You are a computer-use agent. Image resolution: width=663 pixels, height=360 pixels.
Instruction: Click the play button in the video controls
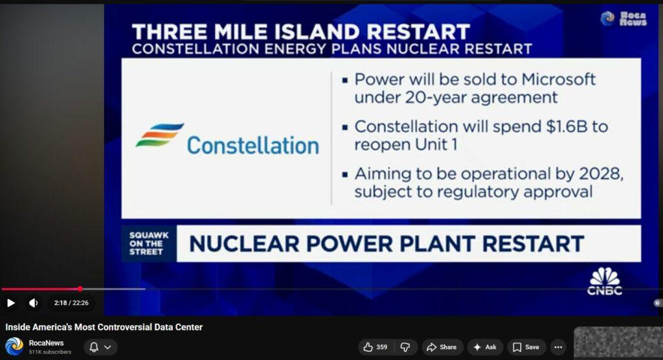11,303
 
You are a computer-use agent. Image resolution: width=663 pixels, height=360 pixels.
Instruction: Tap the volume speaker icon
33,303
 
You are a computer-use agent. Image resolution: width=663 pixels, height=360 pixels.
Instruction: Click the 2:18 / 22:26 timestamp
71,303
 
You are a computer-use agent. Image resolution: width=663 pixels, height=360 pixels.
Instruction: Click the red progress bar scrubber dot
80,289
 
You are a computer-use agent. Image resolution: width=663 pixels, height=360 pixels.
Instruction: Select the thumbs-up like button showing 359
376,347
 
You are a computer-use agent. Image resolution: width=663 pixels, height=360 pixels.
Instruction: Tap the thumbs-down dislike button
405,347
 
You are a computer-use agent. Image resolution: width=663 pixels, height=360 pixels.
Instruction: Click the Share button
442,347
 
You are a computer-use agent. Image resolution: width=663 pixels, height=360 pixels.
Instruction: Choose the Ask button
485,347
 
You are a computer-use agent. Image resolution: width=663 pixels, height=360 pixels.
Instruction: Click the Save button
526,347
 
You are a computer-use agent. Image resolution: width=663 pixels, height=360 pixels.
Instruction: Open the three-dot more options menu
558,347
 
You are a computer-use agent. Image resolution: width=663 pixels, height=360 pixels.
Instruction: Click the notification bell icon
94,347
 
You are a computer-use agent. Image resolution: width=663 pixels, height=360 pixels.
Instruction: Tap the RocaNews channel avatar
14,346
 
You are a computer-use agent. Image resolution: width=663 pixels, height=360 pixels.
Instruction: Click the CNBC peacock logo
605,281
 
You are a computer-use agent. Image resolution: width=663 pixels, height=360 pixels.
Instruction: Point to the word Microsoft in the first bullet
559,79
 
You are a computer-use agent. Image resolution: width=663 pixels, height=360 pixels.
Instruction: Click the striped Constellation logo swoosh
160,135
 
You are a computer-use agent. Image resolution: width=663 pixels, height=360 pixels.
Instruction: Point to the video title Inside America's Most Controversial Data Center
104,327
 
